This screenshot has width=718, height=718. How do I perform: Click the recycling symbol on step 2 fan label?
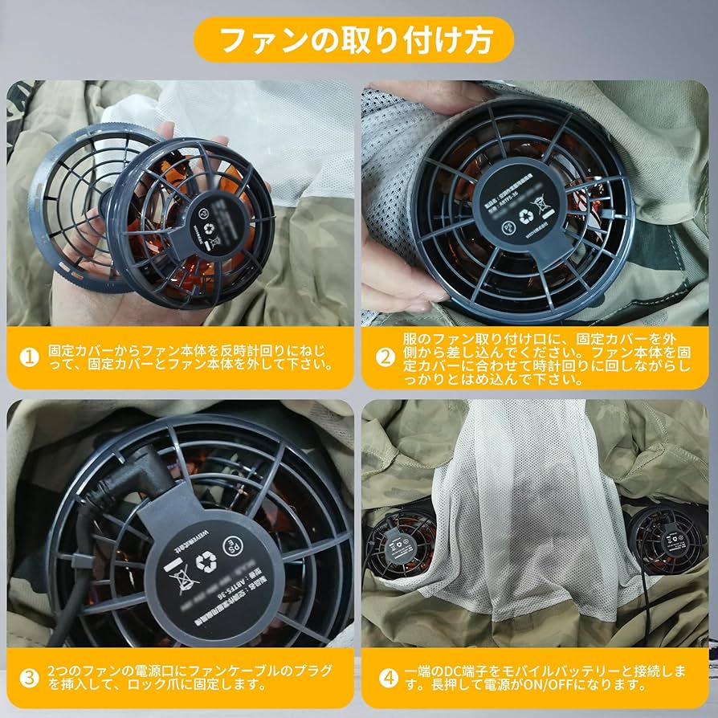pyautogui.click(x=525, y=215)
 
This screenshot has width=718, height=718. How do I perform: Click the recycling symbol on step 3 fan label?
pyautogui.click(x=206, y=564)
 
